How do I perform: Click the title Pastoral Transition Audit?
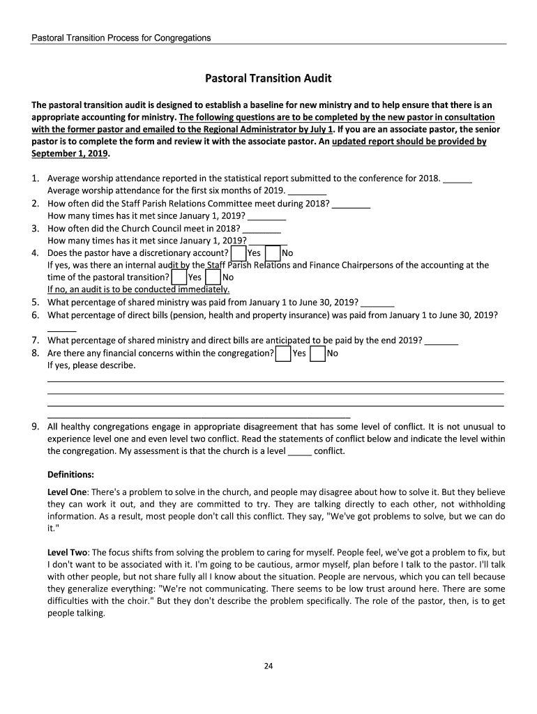268,78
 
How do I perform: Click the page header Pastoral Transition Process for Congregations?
121,38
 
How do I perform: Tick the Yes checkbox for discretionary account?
238,252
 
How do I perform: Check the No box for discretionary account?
273,252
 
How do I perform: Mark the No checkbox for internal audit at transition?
213,277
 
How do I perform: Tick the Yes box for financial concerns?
283,354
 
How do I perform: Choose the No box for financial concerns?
317,354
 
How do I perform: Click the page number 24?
268,666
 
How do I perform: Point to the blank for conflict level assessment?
299,452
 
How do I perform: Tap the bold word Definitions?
70,475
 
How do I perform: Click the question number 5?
35,302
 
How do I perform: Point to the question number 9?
35,425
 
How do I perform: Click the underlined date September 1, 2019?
70,153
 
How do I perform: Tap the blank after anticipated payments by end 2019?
441,342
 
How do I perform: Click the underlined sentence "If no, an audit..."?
138,289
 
